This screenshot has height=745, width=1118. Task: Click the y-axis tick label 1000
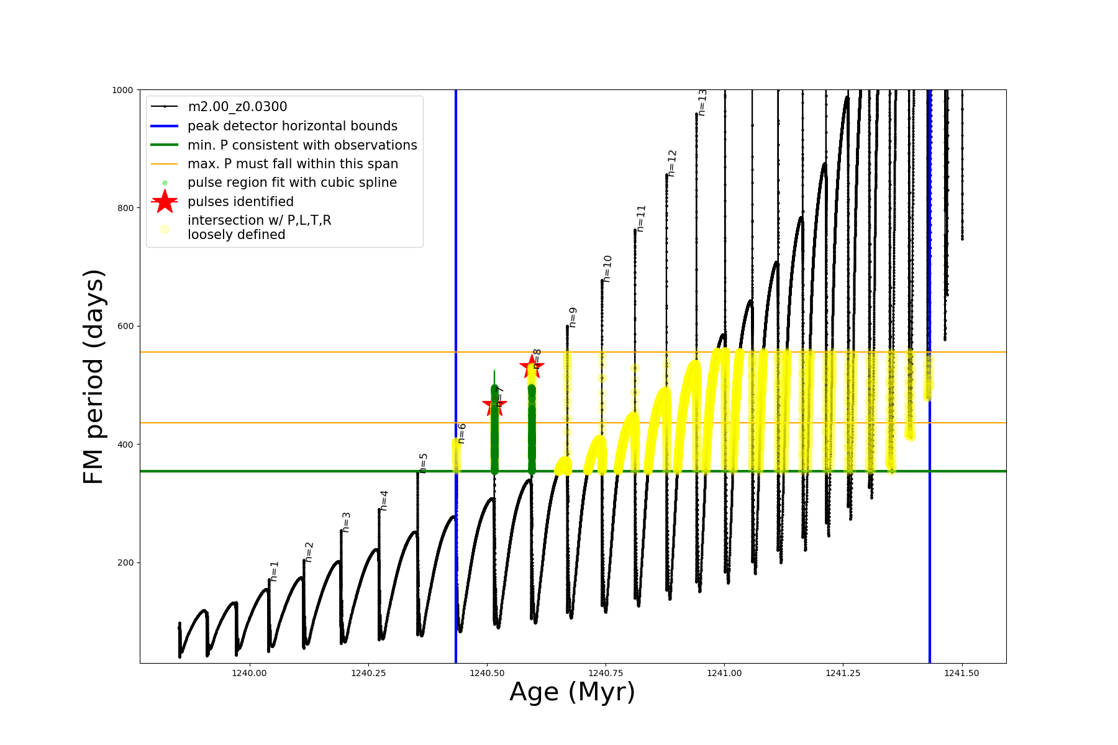coord(122,90)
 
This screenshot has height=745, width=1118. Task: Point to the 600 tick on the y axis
coord(126,327)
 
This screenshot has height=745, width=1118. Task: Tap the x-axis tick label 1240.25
coord(369,673)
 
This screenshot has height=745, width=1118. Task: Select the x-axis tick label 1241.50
coord(961,673)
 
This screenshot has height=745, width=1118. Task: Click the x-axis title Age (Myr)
coord(572,692)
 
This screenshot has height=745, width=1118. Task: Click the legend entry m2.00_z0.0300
coord(237,107)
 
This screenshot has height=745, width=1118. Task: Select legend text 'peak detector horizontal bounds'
coord(292,126)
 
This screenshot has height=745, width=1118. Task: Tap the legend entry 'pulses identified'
coord(240,202)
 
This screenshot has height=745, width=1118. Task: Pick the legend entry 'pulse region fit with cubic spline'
coord(292,183)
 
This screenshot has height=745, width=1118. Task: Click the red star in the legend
coord(165,201)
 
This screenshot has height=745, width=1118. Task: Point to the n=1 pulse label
coord(275,571)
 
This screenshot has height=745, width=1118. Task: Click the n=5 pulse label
coord(424,463)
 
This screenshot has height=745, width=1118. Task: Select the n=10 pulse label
coord(607,268)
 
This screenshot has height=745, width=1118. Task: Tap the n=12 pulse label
coord(672,163)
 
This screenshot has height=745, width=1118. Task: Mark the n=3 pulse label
coord(347,522)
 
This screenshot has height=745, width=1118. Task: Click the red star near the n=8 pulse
coord(531,366)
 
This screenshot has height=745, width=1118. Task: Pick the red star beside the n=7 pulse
coord(494,405)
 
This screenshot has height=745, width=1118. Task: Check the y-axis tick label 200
coord(126,562)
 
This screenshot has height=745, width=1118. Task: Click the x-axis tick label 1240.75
coord(606,673)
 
